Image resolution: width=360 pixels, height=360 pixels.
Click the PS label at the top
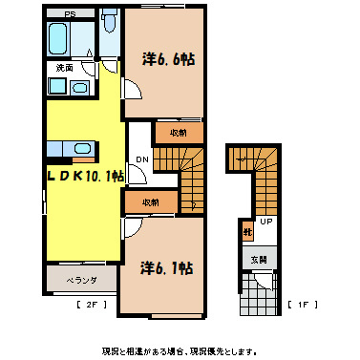[71, 14]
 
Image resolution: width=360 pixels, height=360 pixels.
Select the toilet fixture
[110, 23]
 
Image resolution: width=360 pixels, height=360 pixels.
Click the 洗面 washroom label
[64, 68]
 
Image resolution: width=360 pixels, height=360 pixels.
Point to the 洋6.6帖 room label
[169, 59]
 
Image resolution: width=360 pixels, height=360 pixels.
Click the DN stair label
[141, 160]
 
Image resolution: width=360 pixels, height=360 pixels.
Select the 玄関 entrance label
[259, 259]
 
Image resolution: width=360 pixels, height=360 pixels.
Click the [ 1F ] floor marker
[299, 306]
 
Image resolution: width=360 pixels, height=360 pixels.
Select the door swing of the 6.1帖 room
[132, 225]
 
